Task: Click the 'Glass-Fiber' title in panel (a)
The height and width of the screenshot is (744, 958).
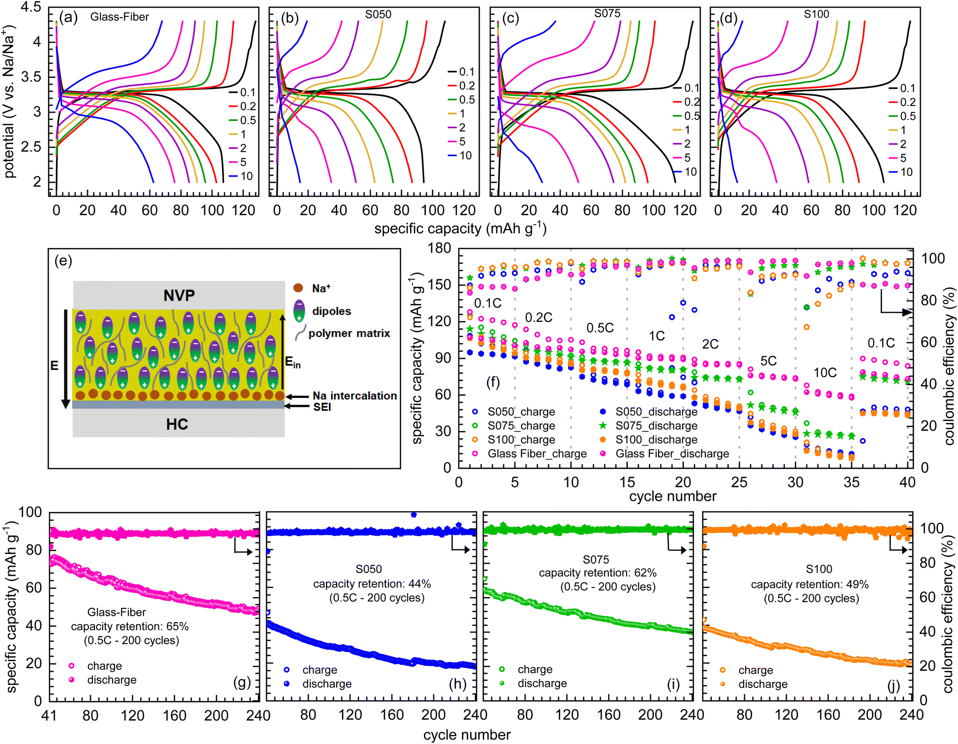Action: pos(119,17)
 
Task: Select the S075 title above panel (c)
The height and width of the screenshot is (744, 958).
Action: pos(607,14)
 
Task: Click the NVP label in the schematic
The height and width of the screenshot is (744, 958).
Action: pos(179,295)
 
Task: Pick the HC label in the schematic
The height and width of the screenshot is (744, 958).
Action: pos(177,424)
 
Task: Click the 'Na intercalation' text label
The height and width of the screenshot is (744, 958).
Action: pos(354,396)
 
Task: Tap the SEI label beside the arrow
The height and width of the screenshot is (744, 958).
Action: pos(322,407)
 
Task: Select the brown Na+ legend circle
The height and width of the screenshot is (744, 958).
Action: pos(298,288)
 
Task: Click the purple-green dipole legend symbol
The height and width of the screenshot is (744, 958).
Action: pos(299,311)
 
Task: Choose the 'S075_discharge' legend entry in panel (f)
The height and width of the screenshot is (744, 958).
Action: pos(656,426)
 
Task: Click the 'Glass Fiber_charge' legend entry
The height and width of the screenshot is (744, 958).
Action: pos(537,454)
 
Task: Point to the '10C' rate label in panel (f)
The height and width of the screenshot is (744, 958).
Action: pos(825,372)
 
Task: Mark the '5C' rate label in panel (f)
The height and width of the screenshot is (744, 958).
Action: pos(768,361)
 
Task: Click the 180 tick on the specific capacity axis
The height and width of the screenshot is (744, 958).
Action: pos(439,248)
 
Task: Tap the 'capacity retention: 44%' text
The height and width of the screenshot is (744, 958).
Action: pos(372,584)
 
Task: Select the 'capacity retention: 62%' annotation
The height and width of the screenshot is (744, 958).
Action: pos(598,573)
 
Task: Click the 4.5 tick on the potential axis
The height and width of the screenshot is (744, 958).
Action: pos(31,7)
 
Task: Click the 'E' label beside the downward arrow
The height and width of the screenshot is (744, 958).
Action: pos(54,366)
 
